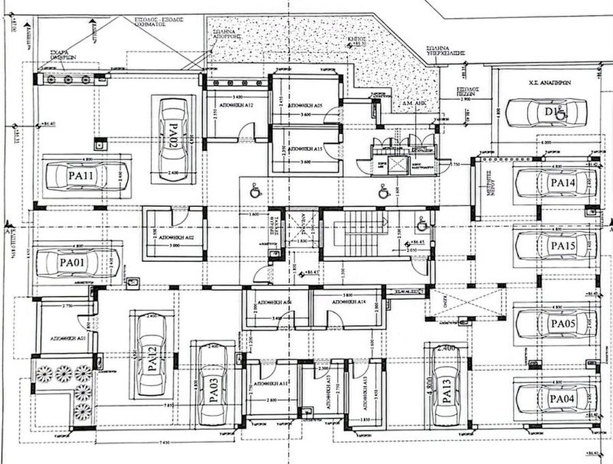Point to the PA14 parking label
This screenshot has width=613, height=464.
pyautogui.click(x=563, y=182)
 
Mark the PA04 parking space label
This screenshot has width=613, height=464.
pyautogui.click(x=563, y=397)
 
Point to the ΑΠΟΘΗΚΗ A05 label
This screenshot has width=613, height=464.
pyautogui.click(x=304, y=105)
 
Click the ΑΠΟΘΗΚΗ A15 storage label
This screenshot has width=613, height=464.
pyautogui.click(x=304, y=148)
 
